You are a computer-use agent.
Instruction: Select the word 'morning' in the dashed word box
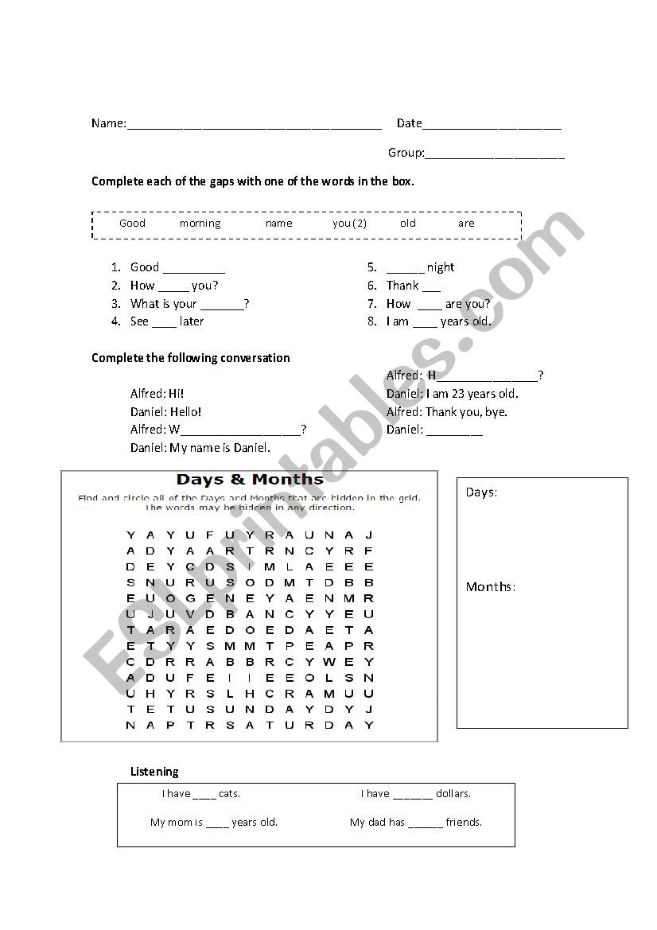click(200, 224)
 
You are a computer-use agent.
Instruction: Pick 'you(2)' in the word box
click(349, 224)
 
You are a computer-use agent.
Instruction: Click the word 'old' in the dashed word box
click(408, 224)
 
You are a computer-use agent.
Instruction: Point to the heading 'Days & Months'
click(250, 480)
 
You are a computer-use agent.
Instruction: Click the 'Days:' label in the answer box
click(481, 492)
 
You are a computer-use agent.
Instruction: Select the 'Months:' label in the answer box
click(490, 587)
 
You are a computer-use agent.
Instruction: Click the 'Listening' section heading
click(154, 772)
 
